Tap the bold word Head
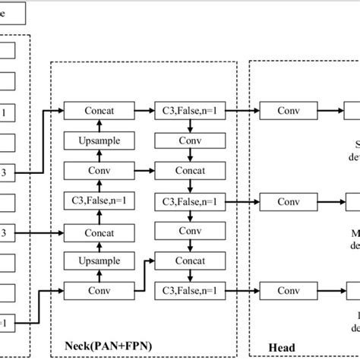pyautogui.click(x=283, y=348)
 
